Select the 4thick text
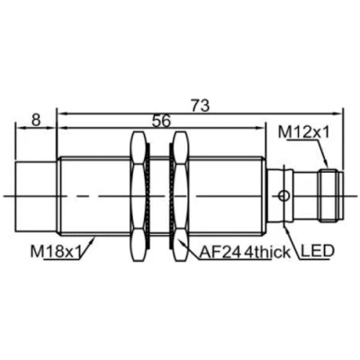[x=266, y=252]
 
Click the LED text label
[x=315, y=252]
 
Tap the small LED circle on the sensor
[x=284, y=194]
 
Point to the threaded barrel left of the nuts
[x=94, y=193]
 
